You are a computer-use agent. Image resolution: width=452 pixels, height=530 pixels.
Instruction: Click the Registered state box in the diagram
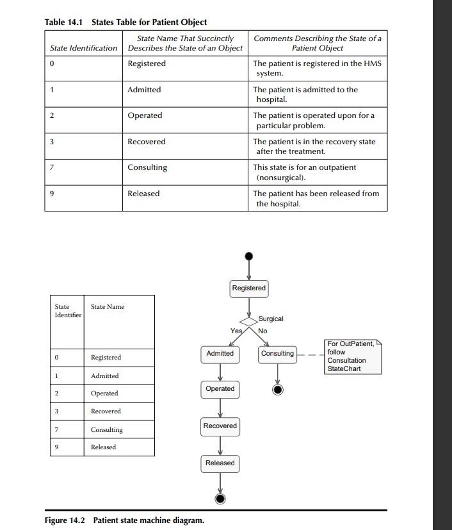[x=248, y=288]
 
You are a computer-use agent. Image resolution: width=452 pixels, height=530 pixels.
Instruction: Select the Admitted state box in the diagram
[x=220, y=354]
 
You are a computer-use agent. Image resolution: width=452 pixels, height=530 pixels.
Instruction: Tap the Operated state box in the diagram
[x=220, y=389]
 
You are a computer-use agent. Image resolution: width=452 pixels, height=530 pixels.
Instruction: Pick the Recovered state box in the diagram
[x=220, y=426]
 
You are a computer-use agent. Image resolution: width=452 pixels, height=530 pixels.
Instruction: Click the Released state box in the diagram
[x=220, y=463]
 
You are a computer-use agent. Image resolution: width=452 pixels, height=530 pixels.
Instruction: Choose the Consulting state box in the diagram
[x=277, y=354]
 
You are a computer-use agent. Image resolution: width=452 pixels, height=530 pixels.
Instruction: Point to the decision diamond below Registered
[x=248, y=321]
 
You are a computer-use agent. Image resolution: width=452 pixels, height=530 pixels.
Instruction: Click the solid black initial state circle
[x=249, y=256]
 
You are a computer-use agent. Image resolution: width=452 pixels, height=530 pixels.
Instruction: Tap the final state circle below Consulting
[x=278, y=389]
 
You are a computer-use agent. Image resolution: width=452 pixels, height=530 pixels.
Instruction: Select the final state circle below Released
[x=220, y=499]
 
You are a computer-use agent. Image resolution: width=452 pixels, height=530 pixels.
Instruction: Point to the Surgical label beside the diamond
[x=271, y=319]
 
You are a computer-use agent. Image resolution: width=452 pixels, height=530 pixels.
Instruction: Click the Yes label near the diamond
[x=236, y=331]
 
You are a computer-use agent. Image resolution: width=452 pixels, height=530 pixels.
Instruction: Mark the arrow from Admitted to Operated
[x=220, y=372]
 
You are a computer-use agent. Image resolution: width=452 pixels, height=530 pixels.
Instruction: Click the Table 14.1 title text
[x=125, y=22]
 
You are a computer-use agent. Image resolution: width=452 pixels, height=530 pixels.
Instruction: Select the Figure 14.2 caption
[x=124, y=520]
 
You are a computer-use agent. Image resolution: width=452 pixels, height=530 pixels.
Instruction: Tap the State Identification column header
[x=83, y=48]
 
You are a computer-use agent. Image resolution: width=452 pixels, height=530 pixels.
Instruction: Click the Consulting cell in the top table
[x=147, y=167]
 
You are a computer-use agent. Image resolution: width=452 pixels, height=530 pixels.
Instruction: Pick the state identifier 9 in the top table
[x=52, y=194]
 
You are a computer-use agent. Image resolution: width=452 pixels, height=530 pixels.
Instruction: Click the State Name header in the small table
[x=108, y=307]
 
